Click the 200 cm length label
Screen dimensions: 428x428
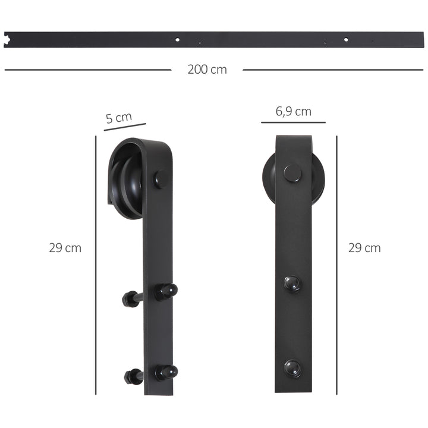(x=207, y=70)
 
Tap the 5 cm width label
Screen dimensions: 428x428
(x=119, y=118)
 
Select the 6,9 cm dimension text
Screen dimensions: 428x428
(x=293, y=111)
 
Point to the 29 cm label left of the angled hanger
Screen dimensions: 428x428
(x=65, y=248)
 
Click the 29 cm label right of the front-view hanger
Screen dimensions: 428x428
(x=364, y=248)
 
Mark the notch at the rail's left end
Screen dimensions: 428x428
(x=10, y=41)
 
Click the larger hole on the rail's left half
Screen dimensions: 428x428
(x=177, y=40)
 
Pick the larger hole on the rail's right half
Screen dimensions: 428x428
(x=346, y=40)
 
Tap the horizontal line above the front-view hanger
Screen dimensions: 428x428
(x=293, y=122)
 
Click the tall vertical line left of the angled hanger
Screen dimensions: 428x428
(x=96, y=265)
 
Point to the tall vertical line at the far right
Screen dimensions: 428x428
(x=337, y=265)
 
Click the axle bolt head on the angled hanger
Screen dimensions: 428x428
(x=161, y=178)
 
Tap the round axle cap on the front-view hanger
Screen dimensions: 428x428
(x=292, y=173)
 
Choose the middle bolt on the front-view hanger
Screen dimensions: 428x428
(x=292, y=284)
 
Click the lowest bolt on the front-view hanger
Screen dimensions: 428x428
(x=292, y=367)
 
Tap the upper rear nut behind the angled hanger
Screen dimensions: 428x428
(x=130, y=298)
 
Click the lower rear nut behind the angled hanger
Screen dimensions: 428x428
(x=132, y=376)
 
